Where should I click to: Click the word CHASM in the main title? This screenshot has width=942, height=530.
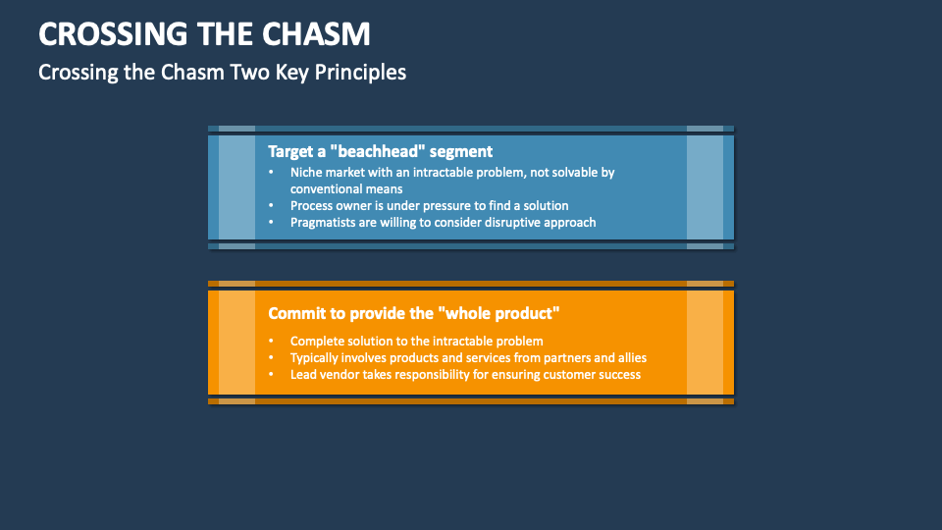pyautogui.click(x=317, y=34)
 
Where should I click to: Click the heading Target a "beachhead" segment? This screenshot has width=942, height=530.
pyautogui.click(x=380, y=151)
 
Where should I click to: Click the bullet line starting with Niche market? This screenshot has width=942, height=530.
pyautogui.click(x=451, y=172)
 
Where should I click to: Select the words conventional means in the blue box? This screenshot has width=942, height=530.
pyautogui.click(x=345, y=188)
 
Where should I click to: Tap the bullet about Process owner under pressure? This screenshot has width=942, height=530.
pyautogui.click(x=429, y=205)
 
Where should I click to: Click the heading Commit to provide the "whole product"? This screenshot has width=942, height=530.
pyautogui.click(x=413, y=313)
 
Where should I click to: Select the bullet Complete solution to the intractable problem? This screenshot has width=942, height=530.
pyautogui.click(x=416, y=341)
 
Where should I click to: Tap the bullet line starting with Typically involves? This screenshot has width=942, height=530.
pyautogui.click(x=468, y=357)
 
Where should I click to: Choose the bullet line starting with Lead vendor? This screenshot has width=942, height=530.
pyautogui.click(x=465, y=374)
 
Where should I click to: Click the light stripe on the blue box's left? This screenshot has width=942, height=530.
pyautogui.click(x=236, y=186)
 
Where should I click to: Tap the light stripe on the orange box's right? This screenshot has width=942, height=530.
pyautogui.click(x=705, y=342)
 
